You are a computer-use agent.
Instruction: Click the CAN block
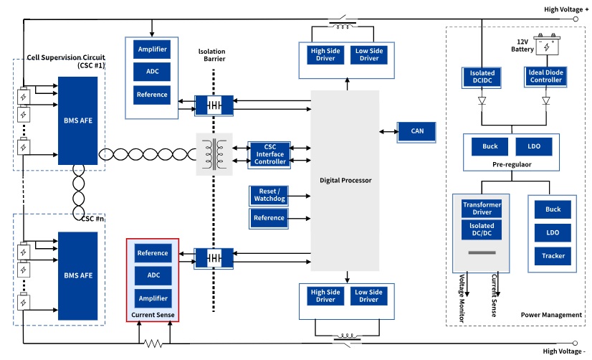[417, 131]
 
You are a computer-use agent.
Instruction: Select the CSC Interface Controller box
[270, 154]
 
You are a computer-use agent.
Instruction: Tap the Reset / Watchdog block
[269, 195]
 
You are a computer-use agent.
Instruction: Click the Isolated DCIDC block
[482, 77]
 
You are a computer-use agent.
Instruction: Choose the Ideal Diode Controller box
[545, 77]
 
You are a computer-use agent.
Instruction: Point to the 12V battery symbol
[547, 47]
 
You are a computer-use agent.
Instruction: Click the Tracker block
[553, 256]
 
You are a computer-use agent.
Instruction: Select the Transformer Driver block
[482, 209]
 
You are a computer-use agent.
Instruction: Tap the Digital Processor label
[345, 180]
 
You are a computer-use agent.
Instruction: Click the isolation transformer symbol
[214, 154]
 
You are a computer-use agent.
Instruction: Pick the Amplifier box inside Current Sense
[153, 298]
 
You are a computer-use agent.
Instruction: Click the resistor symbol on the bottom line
[153, 344]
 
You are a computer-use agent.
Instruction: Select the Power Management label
[551, 315]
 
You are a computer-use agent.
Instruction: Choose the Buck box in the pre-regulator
[490, 146]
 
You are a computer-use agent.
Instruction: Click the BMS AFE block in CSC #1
[78, 122]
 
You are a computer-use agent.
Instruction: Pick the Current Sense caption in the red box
[153, 315]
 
